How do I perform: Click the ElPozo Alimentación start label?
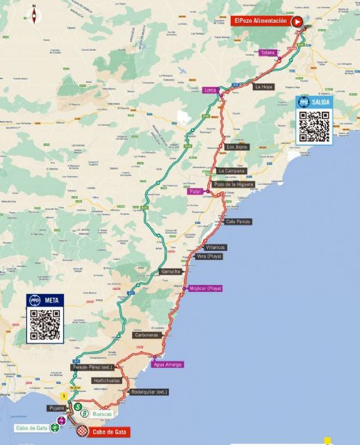point(259,22)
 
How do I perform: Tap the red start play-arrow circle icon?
point(297,22)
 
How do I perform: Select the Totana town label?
point(268,53)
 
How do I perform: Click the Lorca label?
point(211,91)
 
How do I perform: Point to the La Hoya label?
point(263,87)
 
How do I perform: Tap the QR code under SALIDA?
point(313,126)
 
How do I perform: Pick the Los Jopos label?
point(237,147)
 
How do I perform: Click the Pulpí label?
point(194,191)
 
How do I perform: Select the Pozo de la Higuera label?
point(233,184)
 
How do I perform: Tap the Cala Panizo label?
point(238,221)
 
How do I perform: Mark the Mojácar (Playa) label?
point(205,288)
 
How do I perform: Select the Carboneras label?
point(146,334)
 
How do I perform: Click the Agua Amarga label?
point(168,364)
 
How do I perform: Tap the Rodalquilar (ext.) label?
point(149,391)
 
